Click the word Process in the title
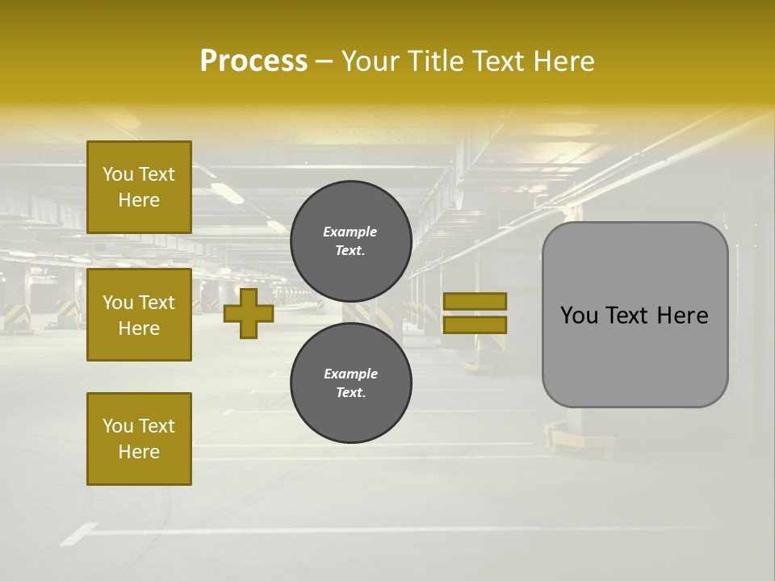pyautogui.click(x=253, y=61)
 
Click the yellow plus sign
pyautogui.click(x=249, y=313)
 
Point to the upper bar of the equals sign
pyautogui.click(x=475, y=301)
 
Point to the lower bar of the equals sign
pyautogui.click(x=475, y=324)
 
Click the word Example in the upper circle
pyautogui.click(x=350, y=232)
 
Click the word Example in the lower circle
pyautogui.click(x=350, y=374)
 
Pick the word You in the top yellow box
pyautogui.click(x=118, y=174)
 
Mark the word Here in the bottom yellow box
pyautogui.click(x=139, y=452)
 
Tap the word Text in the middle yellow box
pyautogui.click(x=157, y=303)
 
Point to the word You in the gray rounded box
pyautogui.click(x=579, y=316)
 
